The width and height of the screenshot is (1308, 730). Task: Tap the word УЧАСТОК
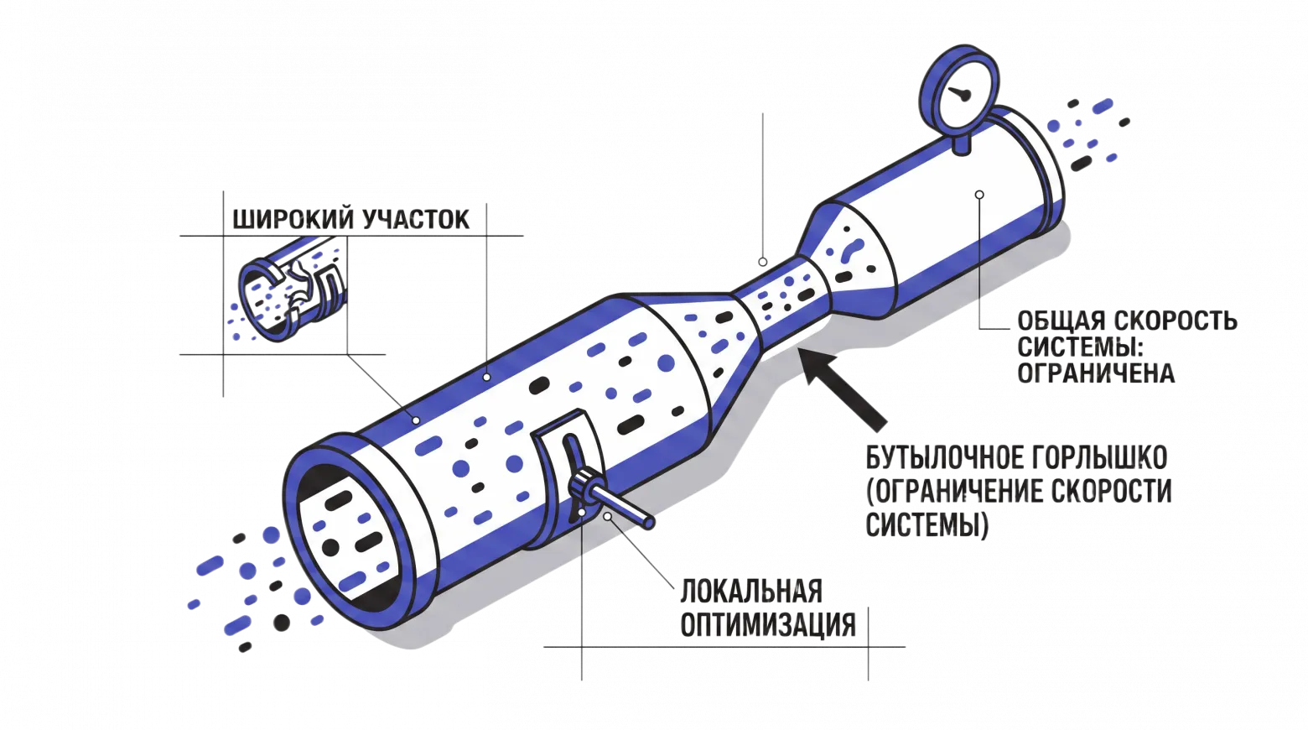[x=416, y=220]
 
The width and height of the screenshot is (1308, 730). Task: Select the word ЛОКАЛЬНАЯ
[x=751, y=591]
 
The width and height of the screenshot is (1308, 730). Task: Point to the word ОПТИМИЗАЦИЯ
[x=768, y=624]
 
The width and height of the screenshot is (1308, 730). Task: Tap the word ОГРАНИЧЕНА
[x=1096, y=373]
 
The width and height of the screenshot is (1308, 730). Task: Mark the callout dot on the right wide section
[x=980, y=195]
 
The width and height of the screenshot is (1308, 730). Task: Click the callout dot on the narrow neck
[x=763, y=262]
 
